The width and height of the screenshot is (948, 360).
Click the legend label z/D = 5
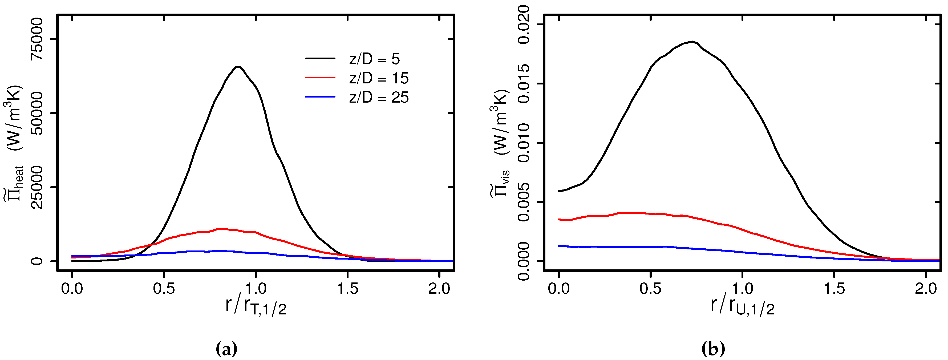pos(374,59)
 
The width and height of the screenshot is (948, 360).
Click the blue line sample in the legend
pos(320,97)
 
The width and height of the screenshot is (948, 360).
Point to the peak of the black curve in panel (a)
pos(238,67)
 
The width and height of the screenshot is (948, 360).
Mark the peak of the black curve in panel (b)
pos(692,42)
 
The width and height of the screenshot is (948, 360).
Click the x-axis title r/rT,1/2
pos(256,306)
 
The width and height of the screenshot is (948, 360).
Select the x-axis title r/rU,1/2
pos(742,306)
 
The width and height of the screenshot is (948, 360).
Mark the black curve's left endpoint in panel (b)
pos(559,191)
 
